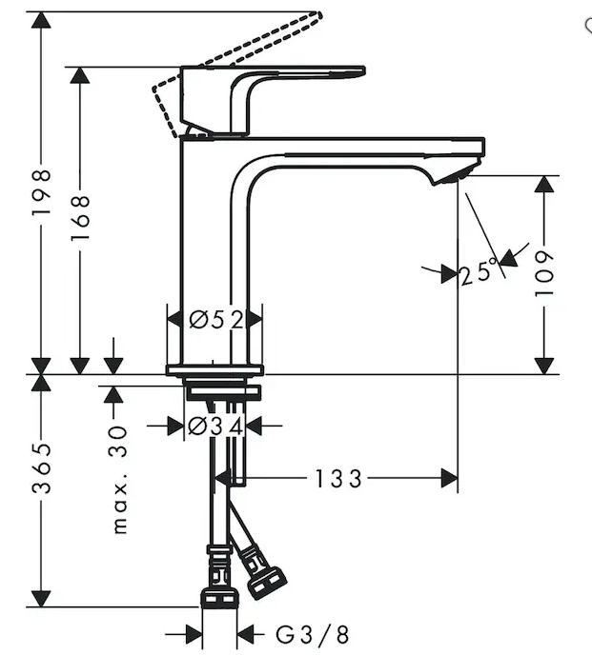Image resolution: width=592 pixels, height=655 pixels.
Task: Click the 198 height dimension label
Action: point(42,192)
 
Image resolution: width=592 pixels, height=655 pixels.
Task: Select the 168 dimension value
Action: point(80,217)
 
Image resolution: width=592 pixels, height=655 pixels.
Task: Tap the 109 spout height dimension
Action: point(544,274)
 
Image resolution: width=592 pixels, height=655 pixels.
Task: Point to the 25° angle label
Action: point(480,272)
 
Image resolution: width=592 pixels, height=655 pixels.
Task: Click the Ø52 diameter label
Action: point(215,320)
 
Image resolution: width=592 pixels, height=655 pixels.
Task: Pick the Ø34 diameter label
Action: point(215,427)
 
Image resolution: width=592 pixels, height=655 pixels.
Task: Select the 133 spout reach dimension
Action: point(337,479)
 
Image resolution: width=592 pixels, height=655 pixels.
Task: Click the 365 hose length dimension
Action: point(42,467)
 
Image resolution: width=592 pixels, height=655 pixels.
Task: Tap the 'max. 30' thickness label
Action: point(119,480)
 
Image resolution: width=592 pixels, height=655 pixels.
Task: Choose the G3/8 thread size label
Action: point(312,635)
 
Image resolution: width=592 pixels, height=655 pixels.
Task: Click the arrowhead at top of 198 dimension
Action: point(41,20)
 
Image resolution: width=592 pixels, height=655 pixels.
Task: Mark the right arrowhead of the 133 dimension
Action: point(449,478)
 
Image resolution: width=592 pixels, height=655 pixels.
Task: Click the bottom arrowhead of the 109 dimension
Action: point(544,366)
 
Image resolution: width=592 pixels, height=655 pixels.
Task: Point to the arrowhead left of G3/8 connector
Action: point(194,635)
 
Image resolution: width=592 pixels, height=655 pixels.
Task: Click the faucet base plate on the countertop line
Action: point(215,370)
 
